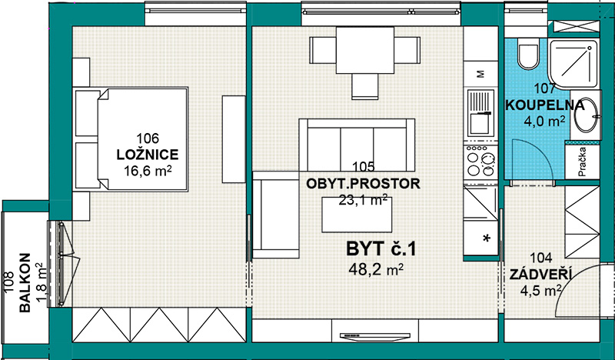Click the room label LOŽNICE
pos(148,155)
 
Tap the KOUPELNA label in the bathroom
pos(544,105)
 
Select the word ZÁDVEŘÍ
pos(540,275)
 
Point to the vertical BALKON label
pos(25,282)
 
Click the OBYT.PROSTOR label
pos(363,183)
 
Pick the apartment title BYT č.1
pos(381,249)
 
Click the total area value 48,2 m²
pos(376,270)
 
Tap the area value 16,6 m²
pos(148,171)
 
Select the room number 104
pos(540,258)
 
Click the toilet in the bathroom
pos(527,54)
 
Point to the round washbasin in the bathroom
pos(587,114)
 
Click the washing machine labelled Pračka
pos(583,162)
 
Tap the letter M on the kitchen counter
pos(481,74)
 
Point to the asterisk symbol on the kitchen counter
pos(487,238)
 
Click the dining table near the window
pos(364,50)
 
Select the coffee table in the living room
pos(357,215)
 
